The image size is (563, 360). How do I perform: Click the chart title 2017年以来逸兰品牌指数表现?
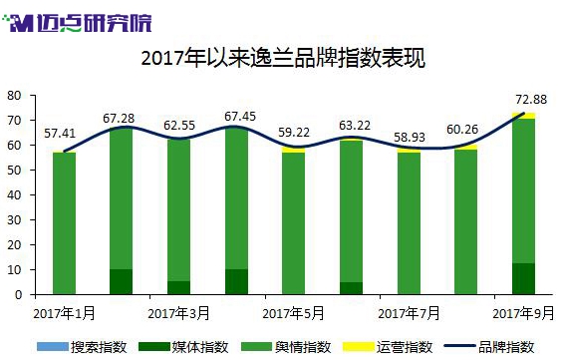pos(283,58)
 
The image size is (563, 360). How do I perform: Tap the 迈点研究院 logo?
pos(77,23)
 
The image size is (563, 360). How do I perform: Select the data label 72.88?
pos(531,100)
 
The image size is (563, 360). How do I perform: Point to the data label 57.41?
pos(60,134)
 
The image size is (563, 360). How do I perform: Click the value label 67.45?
pos(240,117)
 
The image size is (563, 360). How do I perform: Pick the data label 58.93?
pos(410,138)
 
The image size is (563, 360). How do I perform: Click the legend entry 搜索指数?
pos(82,347)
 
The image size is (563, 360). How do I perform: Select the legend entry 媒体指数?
pos(183,347)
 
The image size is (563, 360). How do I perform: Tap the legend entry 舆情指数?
pos(286,347)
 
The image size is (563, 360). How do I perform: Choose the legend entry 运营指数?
pos(388,347)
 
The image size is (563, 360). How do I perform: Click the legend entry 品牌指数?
pos(489,347)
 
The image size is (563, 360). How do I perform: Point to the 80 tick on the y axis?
pos(14,96)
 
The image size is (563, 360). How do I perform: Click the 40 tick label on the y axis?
pos(14,195)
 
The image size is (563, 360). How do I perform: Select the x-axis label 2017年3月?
pos(178,313)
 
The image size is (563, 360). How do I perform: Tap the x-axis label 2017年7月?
pos(409,313)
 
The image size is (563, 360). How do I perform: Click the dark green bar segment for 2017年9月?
pos(523,279)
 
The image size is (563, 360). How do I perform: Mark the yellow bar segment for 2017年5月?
pos(293,150)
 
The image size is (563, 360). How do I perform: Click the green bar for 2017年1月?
pos(64,223)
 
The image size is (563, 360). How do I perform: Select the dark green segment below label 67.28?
pos(121,282)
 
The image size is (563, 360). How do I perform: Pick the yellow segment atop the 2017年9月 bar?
pos(523,116)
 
